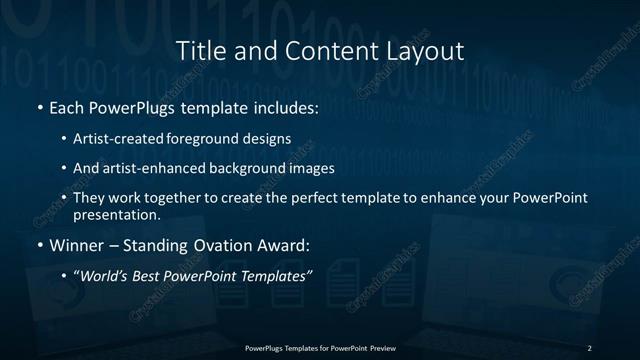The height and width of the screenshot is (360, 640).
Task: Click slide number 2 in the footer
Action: pyautogui.click(x=589, y=347)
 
